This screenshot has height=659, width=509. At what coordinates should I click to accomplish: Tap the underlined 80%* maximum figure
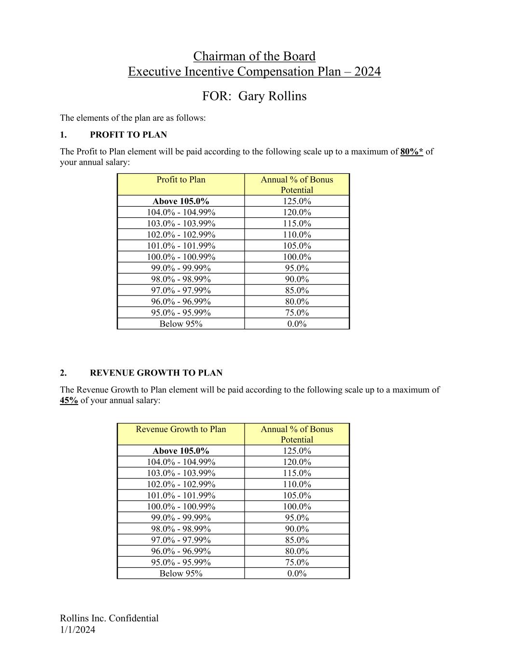coord(412,152)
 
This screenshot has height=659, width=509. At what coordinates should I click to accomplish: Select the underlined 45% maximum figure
coord(69,400)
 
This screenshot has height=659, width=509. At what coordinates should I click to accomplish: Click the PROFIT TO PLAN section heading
coord(128,135)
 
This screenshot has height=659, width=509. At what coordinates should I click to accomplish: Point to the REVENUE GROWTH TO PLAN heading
coord(156,373)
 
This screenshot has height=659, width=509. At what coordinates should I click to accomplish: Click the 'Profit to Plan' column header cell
coord(181,180)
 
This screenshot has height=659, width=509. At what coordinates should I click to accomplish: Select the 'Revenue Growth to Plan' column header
coord(181,429)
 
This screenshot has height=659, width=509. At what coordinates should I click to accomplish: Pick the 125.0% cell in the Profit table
coord(297,201)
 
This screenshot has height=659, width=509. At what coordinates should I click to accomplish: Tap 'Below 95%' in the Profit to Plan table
coord(181,324)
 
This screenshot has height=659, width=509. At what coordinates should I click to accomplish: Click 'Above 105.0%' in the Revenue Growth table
coord(181,451)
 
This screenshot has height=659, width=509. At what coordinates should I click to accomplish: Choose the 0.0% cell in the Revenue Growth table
coord(297,574)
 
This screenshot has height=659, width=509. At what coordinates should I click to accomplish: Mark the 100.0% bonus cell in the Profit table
coord(297,257)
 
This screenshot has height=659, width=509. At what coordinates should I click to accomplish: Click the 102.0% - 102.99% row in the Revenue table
coord(181,484)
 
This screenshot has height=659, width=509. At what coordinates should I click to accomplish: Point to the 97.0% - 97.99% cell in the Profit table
coord(181,290)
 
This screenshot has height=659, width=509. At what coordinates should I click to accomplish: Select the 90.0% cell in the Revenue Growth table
coord(297,529)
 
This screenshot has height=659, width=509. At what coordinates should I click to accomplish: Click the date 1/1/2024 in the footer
coord(78,630)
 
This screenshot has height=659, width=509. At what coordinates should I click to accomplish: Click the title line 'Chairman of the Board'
coord(254,56)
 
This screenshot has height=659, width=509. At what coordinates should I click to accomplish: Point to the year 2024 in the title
coord(367,72)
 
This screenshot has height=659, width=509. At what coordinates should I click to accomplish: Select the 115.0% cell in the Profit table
coord(297,224)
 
